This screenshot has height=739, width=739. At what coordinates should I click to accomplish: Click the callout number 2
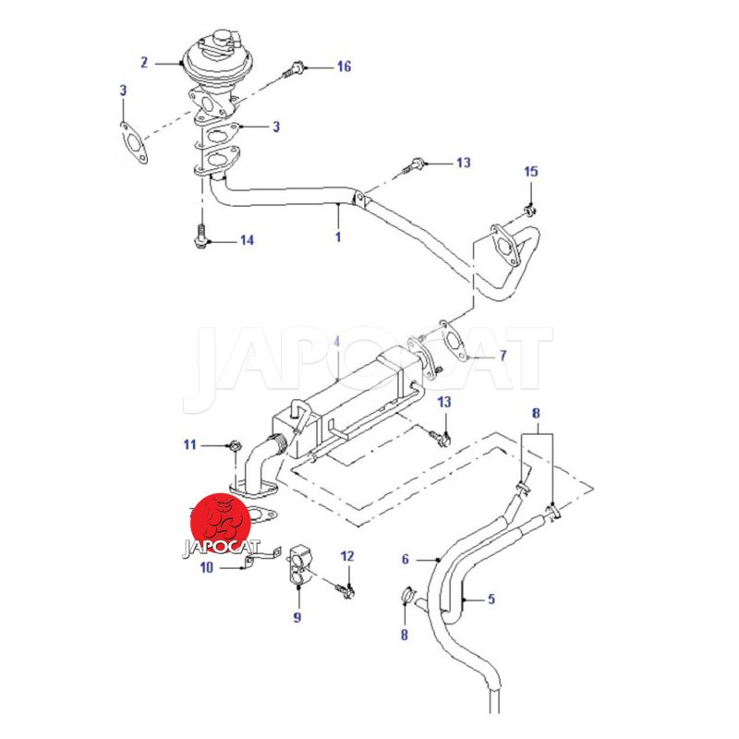tap(144, 63)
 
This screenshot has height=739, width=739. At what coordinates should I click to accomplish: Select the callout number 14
tap(246, 241)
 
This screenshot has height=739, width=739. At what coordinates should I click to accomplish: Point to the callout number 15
tap(530, 172)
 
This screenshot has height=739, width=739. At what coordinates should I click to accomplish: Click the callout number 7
tap(503, 356)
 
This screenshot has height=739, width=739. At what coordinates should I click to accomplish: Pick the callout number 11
tap(189, 445)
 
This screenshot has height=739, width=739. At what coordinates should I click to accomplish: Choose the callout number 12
tap(347, 556)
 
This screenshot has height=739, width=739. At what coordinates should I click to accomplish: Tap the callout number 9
tap(297, 617)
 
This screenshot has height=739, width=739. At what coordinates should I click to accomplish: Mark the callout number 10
tap(207, 568)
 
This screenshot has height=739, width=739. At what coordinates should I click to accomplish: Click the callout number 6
tap(405, 559)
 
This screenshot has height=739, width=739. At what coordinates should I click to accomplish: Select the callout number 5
tap(491, 599)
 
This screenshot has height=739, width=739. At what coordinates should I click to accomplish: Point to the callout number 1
tap(338, 236)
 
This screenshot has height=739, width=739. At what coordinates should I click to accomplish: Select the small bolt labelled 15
tap(529, 205)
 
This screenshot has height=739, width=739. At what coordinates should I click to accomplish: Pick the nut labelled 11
tap(233, 447)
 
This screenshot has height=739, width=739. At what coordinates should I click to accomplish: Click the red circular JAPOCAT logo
tap(222, 520)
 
